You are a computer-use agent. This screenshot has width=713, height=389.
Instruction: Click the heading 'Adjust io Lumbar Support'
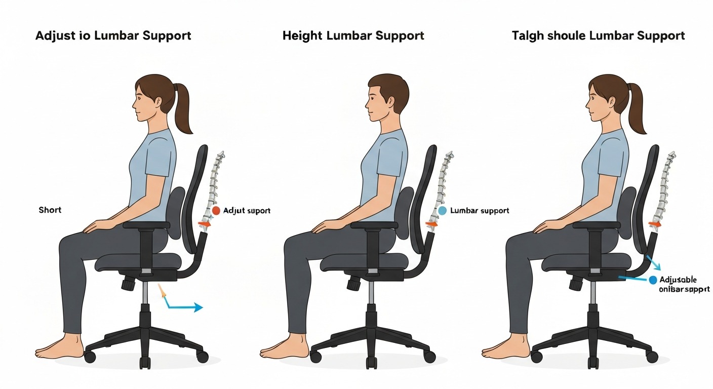click(113, 36)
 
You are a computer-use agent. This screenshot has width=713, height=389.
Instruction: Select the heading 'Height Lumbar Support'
click(353, 36)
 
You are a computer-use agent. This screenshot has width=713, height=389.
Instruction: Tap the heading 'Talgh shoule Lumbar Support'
click(598, 36)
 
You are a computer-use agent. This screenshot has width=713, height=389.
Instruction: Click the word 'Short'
click(50, 209)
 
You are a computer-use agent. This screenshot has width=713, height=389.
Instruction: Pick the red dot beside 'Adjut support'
click(216, 210)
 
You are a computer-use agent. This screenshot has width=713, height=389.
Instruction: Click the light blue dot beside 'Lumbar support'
click(442, 210)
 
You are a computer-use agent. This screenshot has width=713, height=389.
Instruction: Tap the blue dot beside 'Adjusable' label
click(653, 280)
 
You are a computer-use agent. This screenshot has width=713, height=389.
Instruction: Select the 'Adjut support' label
click(247, 210)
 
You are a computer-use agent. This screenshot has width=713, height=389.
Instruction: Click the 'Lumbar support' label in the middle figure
click(480, 210)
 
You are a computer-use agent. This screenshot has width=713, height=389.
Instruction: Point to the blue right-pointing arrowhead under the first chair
click(198, 307)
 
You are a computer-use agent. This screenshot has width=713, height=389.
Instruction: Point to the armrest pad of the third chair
click(597, 225)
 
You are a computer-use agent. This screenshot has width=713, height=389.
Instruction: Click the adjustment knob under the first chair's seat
click(128, 283)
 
